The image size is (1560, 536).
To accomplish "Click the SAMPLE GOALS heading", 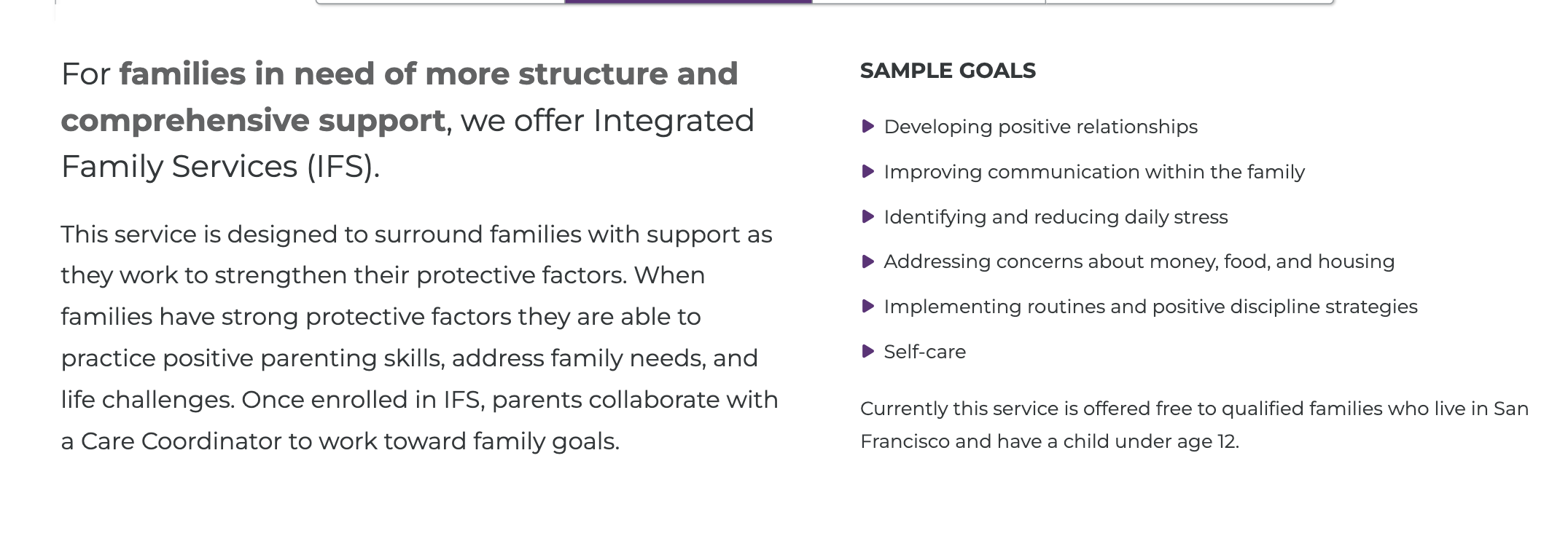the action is (x=948, y=71).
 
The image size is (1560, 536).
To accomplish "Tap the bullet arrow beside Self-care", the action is (x=867, y=351).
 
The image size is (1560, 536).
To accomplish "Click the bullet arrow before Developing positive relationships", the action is (x=867, y=126).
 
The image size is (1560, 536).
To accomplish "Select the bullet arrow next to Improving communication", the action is (x=867, y=171).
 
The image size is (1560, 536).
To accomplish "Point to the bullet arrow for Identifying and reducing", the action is (x=867, y=216).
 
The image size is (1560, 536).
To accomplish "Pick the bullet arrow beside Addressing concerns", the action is (x=867, y=261).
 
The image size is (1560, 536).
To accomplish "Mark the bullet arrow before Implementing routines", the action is (x=867, y=306).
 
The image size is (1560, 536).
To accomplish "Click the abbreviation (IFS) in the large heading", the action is (x=343, y=167).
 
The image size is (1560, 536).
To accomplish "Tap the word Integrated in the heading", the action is (x=674, y=121).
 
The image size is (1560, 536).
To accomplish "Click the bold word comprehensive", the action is (x=184, y=121).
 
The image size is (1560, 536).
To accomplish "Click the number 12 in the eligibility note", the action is (x=1227, y=441).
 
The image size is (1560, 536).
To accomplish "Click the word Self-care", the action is (x=924, y=352).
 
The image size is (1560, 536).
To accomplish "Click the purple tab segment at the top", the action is (x=688, y=1).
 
